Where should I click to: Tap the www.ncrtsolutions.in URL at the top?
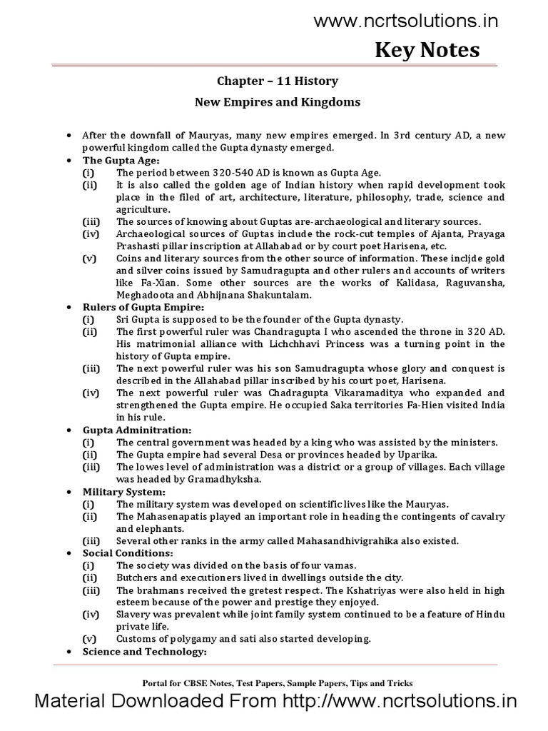(x=407, y=21)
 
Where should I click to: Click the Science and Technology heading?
(x=145, y=652)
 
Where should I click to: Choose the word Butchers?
(x=138, y=577)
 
